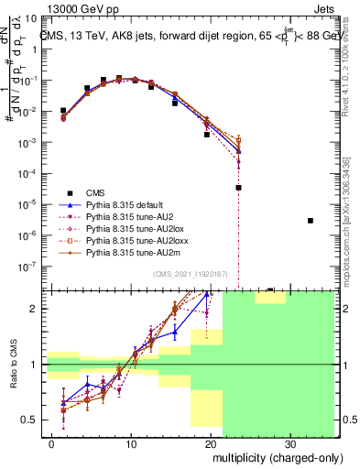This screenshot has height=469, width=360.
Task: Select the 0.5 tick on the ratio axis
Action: [34, 420]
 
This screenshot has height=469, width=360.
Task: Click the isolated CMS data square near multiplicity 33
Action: [311, 221]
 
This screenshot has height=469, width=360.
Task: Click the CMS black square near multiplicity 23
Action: [238, 187]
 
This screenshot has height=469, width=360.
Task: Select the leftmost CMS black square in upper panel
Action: [63, 111]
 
